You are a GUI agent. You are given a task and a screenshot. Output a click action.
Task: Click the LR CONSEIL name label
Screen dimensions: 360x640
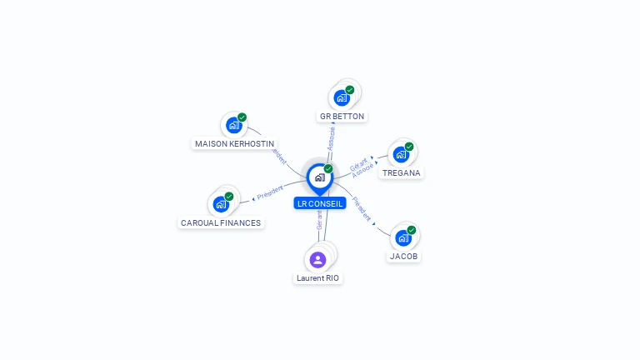click(319, 203)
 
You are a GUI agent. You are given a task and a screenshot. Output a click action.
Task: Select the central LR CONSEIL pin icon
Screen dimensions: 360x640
click(319, 177)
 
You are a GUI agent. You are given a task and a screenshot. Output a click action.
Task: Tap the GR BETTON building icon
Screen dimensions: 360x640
click(342, 97)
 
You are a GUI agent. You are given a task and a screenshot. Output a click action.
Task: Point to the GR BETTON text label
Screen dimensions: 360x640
click(342, 116)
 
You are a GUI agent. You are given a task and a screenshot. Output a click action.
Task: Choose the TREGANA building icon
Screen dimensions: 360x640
click(401, 155)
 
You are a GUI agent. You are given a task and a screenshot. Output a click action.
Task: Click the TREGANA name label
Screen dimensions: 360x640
click(402, 173)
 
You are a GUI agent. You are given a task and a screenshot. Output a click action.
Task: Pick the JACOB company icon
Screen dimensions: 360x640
click(403, 238)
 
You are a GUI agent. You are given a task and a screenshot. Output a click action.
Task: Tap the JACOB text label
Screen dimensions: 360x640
click(403, 257)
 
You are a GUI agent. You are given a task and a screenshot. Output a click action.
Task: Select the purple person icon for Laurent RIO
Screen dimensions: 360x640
click(317, 259)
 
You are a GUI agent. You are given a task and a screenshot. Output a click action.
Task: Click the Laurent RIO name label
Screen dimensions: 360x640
click(318, 277)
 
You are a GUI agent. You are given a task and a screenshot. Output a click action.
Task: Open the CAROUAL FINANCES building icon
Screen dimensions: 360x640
click(221, 204)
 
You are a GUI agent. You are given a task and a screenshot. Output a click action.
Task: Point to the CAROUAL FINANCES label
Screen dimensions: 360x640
click(221, 222)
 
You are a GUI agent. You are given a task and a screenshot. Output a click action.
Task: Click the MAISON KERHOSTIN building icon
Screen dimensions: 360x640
click(234, 125)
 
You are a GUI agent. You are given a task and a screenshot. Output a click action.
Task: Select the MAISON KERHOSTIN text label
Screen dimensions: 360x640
click(234, 143)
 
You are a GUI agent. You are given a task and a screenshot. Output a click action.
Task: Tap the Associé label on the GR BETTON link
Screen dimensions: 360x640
click(332, 138)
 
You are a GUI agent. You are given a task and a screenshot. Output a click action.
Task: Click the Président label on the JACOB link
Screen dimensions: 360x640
click(362, 208)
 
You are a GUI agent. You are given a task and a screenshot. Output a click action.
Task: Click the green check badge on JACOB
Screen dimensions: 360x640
click(411, 230)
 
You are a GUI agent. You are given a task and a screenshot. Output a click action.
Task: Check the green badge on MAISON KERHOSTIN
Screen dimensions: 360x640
click(242, 117)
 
